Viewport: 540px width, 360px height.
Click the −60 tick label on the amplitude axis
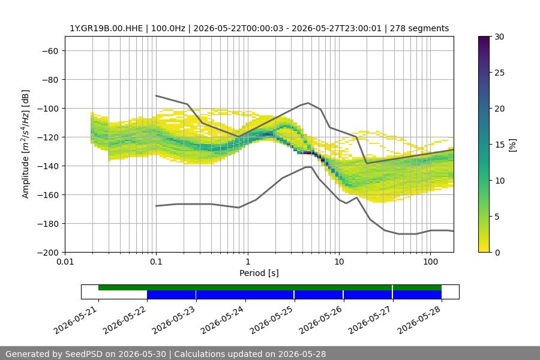coord(50,51)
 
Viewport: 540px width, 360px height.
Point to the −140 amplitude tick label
coord(48,166)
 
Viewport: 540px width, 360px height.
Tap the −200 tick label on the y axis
coord(48,253)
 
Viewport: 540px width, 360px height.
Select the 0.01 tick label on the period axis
coord(65,262)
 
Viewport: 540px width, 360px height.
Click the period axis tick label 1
coord(248,262)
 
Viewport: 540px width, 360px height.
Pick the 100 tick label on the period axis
coord(430,262)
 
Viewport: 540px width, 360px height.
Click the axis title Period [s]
coord(259,273)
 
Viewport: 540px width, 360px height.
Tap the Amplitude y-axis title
coord(25,145)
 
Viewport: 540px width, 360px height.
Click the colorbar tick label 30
coord(499,37)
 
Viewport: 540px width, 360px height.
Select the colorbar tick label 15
coord(499,145)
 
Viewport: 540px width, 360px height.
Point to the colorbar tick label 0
coord(497,253)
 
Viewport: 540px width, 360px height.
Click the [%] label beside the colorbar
coord(513,145)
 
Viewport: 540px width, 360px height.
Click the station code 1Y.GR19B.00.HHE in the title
coord(106,28)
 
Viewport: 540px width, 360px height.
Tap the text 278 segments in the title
coord(419,28)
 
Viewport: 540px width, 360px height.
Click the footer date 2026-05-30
coord(142,354)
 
